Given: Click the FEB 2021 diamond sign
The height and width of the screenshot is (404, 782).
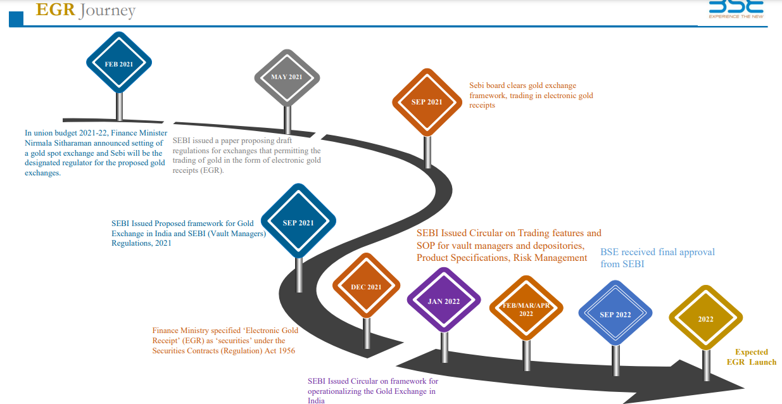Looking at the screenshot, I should pyautogui.click(x=119, y=64).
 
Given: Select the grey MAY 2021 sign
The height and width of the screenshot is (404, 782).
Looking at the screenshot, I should pyautogui.click(x=287, y=77).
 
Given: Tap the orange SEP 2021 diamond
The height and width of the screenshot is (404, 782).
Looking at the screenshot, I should pyautogui.click(x=426, y=102).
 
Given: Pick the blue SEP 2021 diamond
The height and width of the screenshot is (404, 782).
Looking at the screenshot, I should pyautogui.click(x=298, y=222).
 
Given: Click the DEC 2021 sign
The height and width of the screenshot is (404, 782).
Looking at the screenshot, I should pyautogui.click(x=366, y=287).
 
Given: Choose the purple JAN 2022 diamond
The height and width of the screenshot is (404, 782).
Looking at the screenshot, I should pyautogui.click(x=443, y=301).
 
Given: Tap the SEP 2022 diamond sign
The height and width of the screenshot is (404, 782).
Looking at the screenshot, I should pyautogui.click(x=615, y=315).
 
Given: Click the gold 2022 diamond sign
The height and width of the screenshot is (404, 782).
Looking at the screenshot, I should pyautogui.click(x=705, y=319).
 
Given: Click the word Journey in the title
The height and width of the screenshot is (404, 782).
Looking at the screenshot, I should pyautogui.click(x=107, y=11).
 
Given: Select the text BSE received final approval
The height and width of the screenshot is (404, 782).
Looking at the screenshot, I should pyautogui.click(x=657, y=252).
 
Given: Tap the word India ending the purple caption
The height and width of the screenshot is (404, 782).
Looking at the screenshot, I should pyautogui.click(x=316, y=400).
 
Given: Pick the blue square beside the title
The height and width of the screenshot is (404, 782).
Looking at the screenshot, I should pyautogui.click(x=16, y=19).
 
